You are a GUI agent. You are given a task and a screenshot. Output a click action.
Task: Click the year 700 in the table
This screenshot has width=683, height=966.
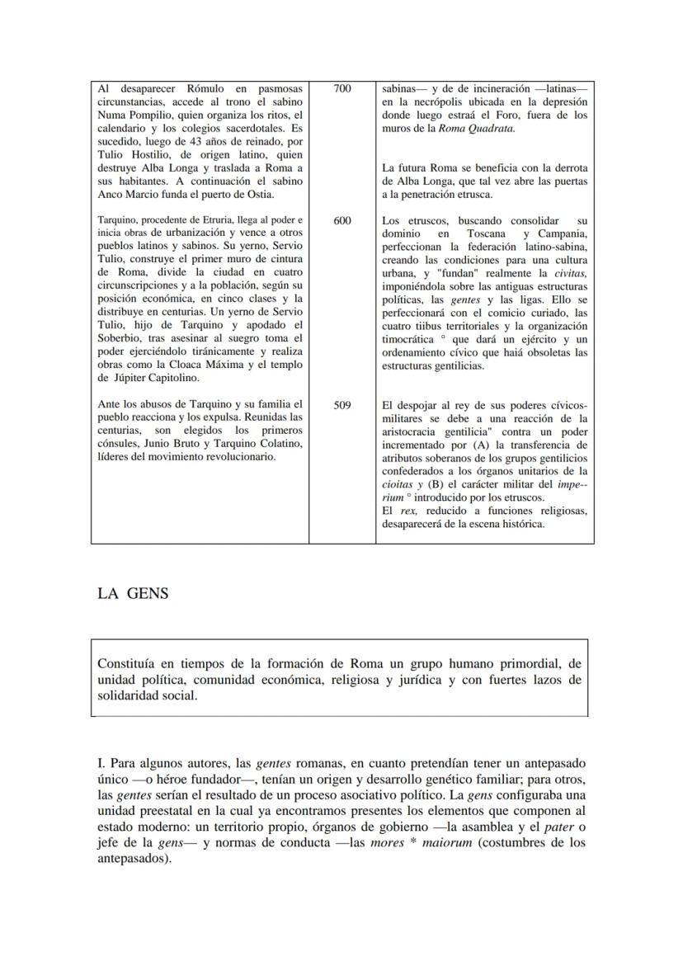(342, 87)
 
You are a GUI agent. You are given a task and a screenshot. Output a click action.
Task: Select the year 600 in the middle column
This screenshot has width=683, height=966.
(342, 221)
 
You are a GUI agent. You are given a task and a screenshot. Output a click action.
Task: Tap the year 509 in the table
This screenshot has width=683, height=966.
(342, 405)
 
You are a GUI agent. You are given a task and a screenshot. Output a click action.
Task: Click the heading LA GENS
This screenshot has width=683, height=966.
(133, 593)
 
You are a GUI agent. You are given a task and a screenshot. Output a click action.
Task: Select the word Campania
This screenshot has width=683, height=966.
(562, 233)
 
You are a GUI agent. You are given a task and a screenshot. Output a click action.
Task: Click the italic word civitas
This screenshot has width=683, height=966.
(569, 273)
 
